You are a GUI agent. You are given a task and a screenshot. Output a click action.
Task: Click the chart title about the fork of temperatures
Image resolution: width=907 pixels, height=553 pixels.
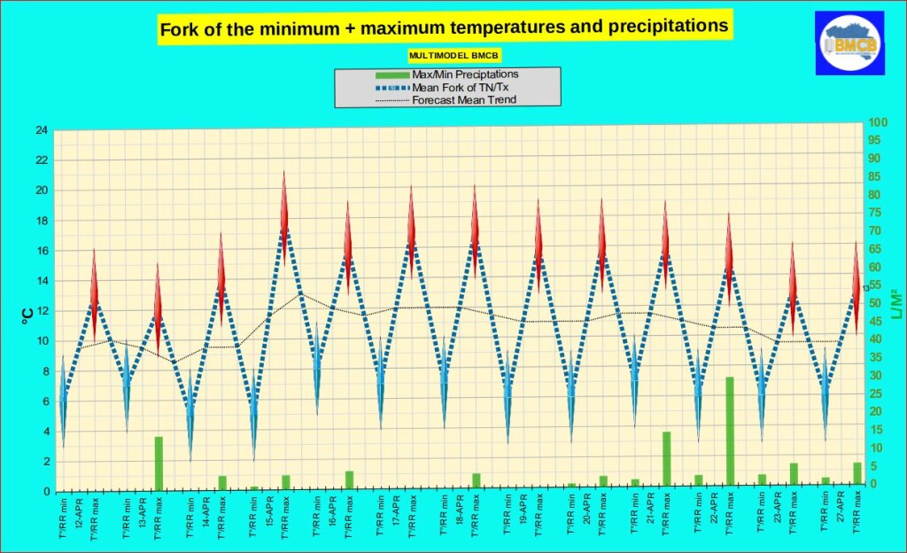pyautogui.click(x=444, y=28)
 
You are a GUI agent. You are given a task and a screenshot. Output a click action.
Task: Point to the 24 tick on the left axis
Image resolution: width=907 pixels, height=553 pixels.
pyautogui.click(x=42, y=130)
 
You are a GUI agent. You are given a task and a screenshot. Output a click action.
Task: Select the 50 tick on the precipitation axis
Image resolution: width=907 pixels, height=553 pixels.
pyautogui.click(x=874, y=303)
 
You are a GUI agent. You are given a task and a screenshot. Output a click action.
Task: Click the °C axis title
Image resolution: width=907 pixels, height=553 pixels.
pyautogui.click(x=27, y=313)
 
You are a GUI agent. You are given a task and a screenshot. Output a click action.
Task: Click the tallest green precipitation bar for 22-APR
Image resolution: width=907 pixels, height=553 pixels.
pyautogui.click(x=730, y=431)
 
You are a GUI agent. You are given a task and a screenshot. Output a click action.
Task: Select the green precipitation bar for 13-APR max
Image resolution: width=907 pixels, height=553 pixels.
pyautogui.click(x=159, y=461)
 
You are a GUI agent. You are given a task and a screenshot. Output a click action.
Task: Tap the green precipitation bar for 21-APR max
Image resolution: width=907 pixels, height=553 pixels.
pyautogui.click(x=666, y=457)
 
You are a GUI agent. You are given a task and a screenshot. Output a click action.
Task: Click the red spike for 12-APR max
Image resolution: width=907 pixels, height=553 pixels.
pyautogui.click(x=94, y=284)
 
